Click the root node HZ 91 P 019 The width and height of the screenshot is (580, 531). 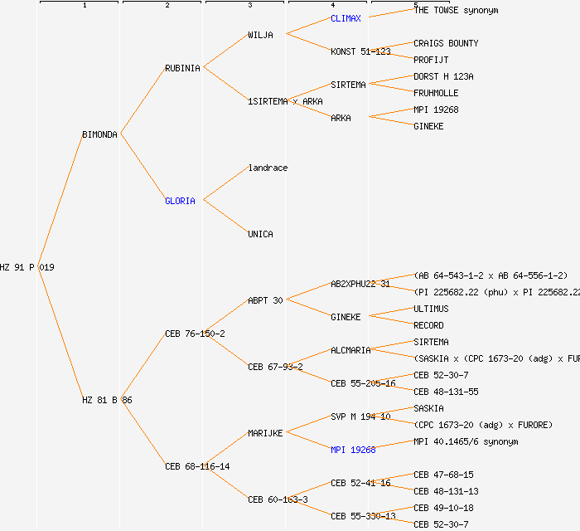[27, 267]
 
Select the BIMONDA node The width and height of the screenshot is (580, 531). [100, 134]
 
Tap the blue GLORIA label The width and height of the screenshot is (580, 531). [180, 201]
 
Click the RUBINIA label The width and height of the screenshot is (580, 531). [182, 68]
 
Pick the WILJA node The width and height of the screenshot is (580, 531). [260, 35]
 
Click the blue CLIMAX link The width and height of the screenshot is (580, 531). [346, 18]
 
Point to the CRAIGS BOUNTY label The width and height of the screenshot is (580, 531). [446, 43]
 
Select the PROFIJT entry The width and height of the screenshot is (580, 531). [431, 60]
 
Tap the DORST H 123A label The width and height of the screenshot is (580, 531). [443, 76]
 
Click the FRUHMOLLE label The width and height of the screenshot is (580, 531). [436, 93]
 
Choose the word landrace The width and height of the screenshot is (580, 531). [268, 168]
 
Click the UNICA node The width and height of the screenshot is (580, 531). [260, 234]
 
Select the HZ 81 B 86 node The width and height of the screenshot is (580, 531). [107, 400]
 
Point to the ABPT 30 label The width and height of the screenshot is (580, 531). [265, 300]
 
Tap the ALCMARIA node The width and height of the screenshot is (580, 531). [350, 350]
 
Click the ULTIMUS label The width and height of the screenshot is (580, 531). [431, 309]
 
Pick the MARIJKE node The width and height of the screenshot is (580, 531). [265, 433]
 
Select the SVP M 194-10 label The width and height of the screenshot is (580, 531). [360, 417]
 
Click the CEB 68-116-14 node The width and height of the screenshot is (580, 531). [197, 466]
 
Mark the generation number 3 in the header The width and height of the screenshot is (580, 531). [249, 6]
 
